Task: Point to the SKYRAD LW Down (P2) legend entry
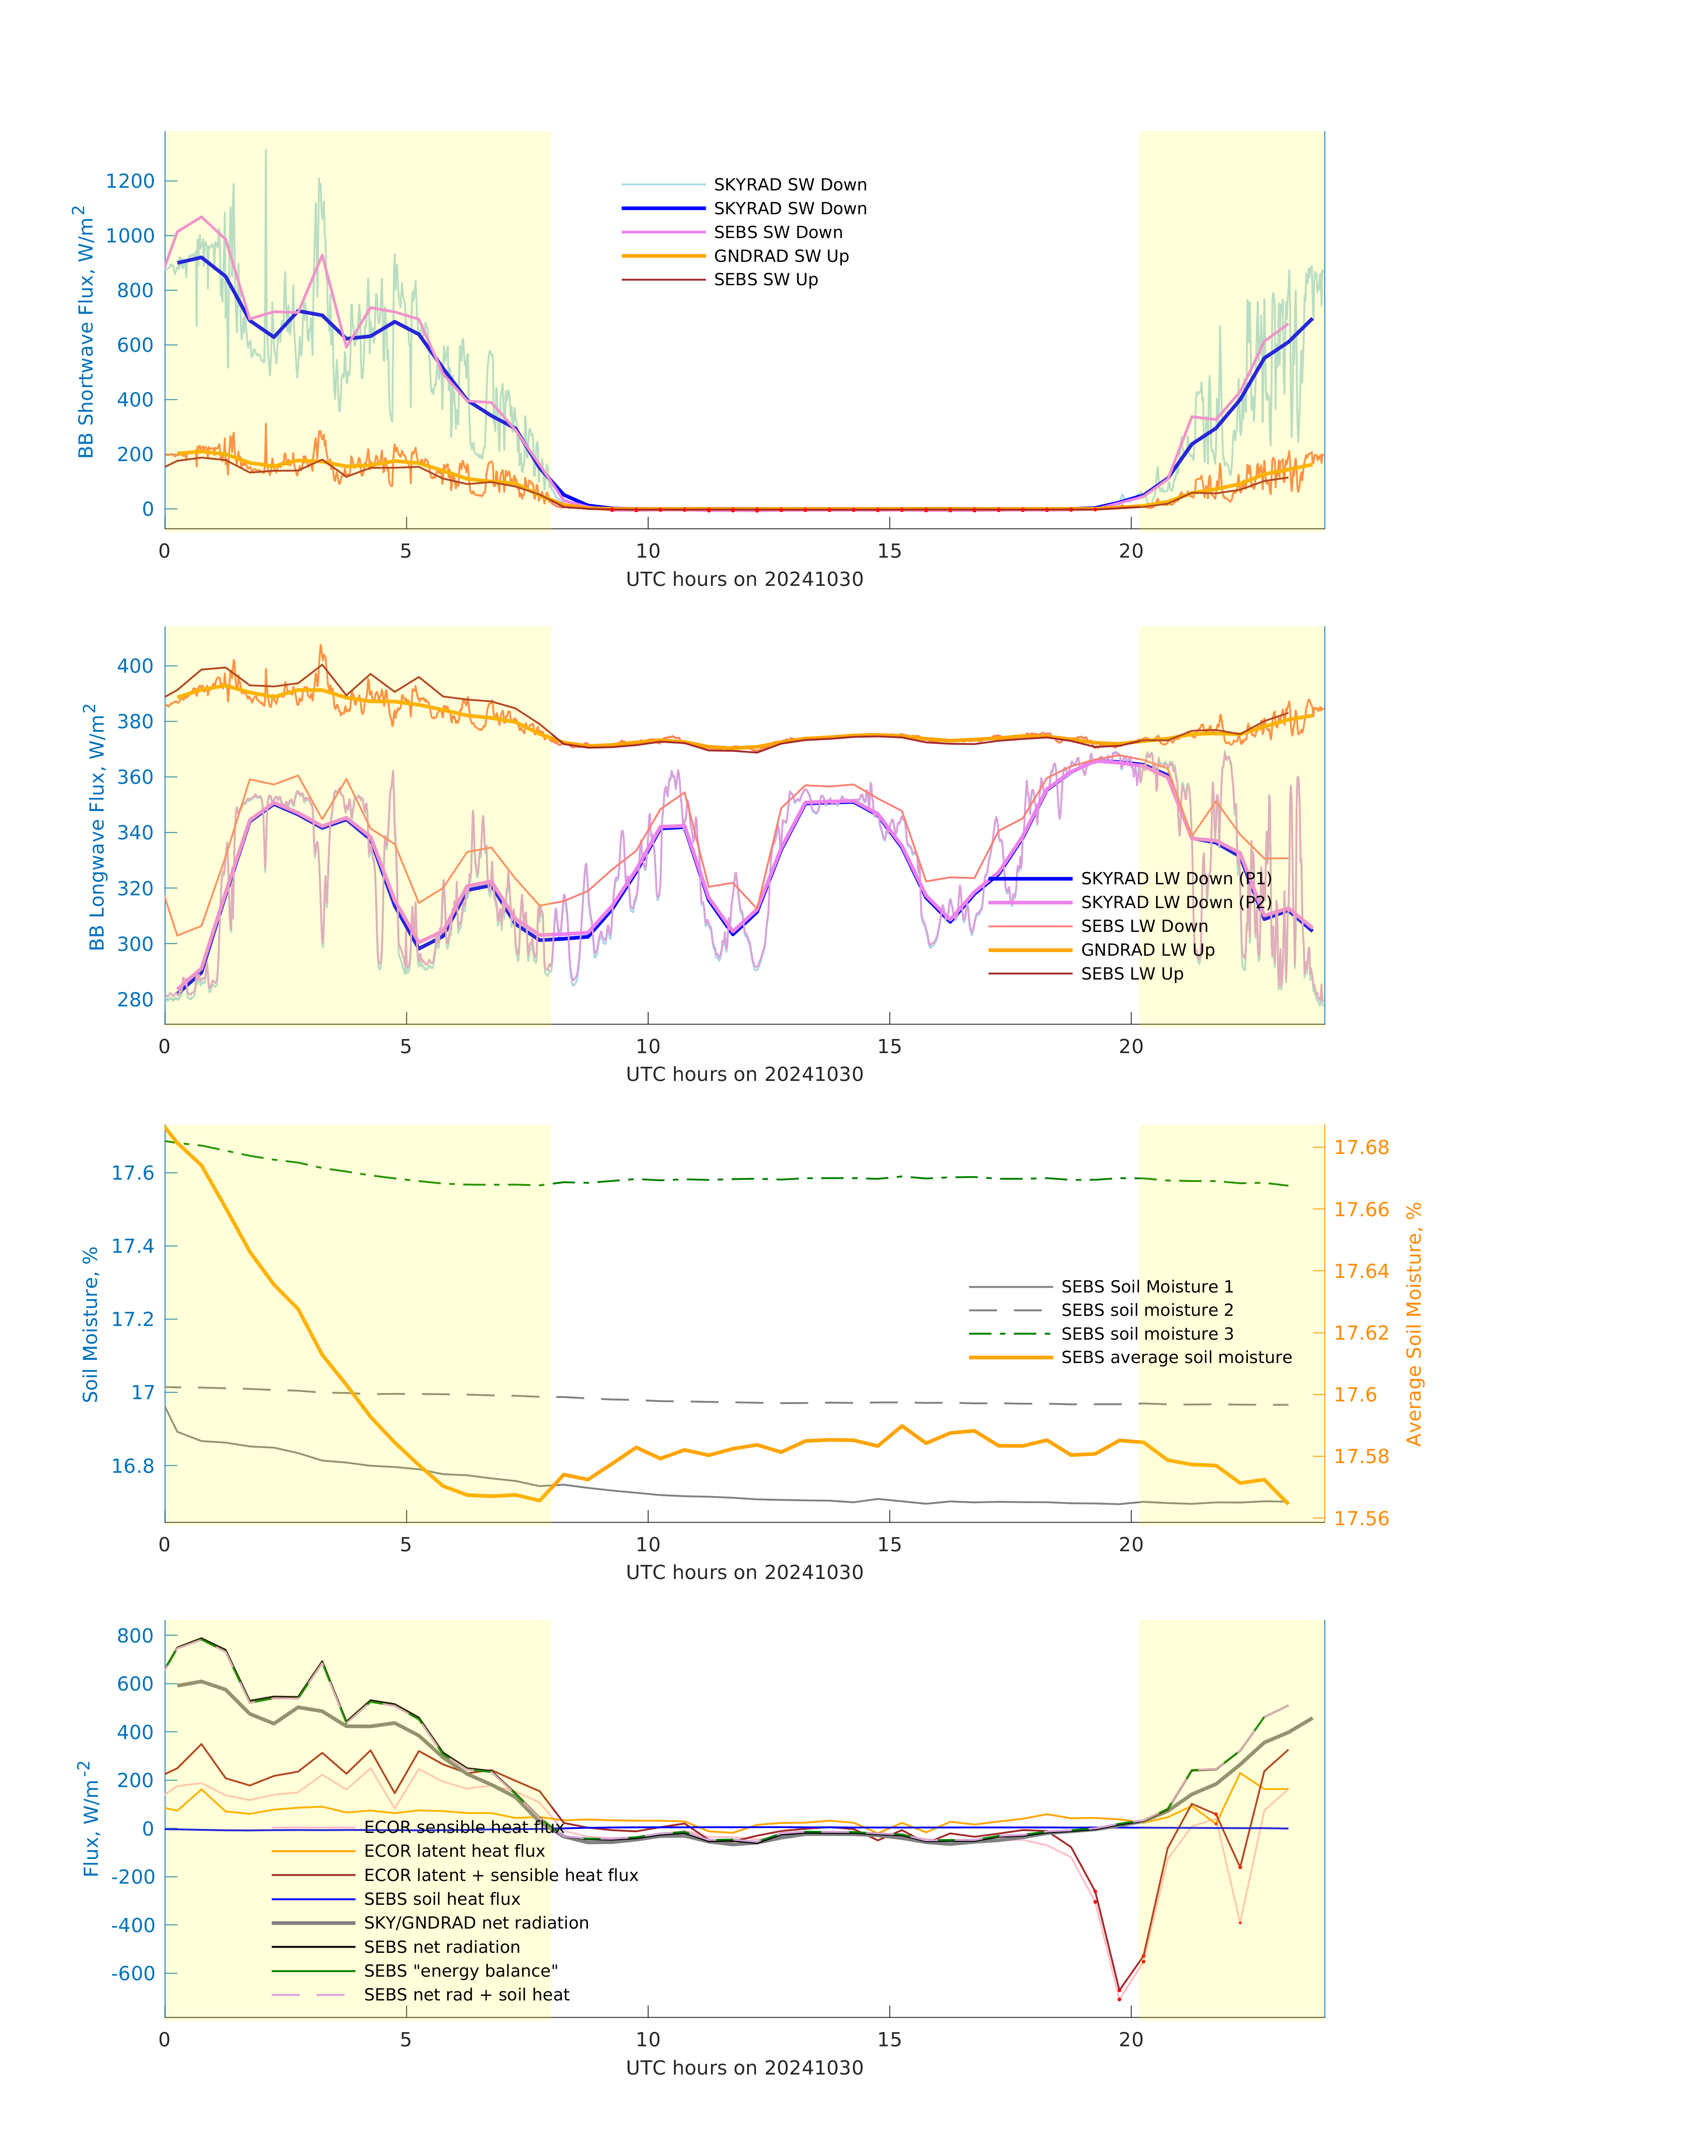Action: click(x=1175, y=902)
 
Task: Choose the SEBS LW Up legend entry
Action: click(x=1131, y=973)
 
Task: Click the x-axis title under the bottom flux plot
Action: click(x=744, y=2068)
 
